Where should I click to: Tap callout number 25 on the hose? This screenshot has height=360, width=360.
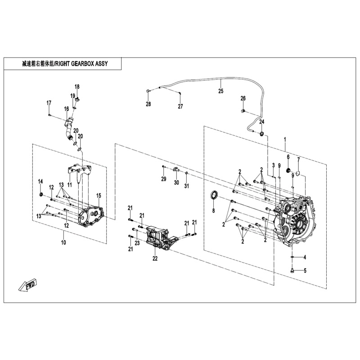[x=220, y=91]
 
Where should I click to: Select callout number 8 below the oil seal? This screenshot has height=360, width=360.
[x=213, y=211]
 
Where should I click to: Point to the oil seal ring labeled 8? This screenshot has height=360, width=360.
[x=216, y=196]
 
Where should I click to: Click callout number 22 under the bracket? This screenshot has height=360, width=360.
[x=155, y=258]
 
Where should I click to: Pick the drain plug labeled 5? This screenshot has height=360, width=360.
[x=292, y=271]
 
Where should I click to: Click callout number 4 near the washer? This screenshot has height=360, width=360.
[x=305, y=257]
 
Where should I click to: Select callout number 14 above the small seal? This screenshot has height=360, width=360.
[x=40, y=181]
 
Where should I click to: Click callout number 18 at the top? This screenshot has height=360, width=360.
[x=77, y=86]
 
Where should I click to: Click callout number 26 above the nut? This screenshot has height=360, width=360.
[x=243, y=98]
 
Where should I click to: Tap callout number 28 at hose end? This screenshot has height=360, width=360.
[x=148, y=104]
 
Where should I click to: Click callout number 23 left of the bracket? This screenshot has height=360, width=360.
[x=137, y=243]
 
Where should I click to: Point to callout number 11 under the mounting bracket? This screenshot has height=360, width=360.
[x=70, y=185]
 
